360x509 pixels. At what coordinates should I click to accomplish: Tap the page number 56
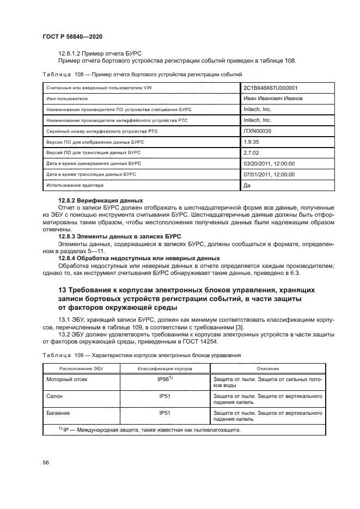46,463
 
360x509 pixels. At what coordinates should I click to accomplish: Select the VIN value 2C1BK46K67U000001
270,88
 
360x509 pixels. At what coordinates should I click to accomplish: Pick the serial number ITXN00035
258,131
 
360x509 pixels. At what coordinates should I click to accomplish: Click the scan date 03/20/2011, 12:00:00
269,164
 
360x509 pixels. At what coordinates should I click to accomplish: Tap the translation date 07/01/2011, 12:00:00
269,175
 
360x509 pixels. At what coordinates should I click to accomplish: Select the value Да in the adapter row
248,186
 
